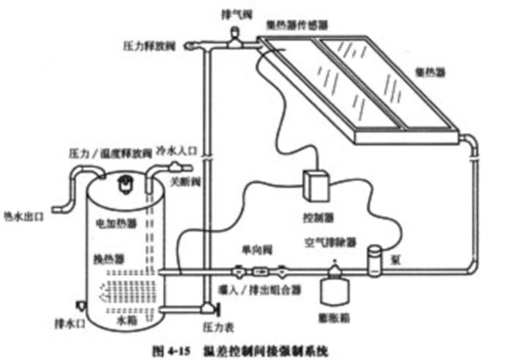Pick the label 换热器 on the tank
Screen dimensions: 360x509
click(x=104, y=256)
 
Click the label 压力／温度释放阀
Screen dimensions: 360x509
click(x=102, y=153)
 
